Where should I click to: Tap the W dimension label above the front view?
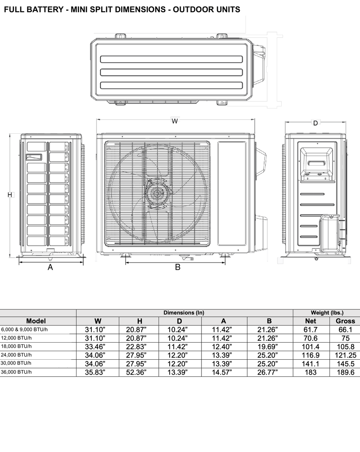tap(175, 121)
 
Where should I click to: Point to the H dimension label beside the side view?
tap(10, 194)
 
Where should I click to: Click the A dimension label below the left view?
tap(50, 267)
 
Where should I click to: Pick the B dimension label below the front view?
tap(177, 267)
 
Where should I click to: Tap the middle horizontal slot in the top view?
tap(172, 72)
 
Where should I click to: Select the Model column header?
tap(36, 321)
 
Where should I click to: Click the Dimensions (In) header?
tap(184, 312)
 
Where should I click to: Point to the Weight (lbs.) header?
tap(327, 312)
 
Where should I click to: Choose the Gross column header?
tap(345, 321)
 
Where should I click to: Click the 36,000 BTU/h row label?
tap(17, 372)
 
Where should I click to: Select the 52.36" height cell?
tap(139, 372)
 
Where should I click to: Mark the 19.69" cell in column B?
tap(269, 347)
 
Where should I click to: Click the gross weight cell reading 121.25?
tap(345, 355)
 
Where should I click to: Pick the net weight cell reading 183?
tap(310, 372)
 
